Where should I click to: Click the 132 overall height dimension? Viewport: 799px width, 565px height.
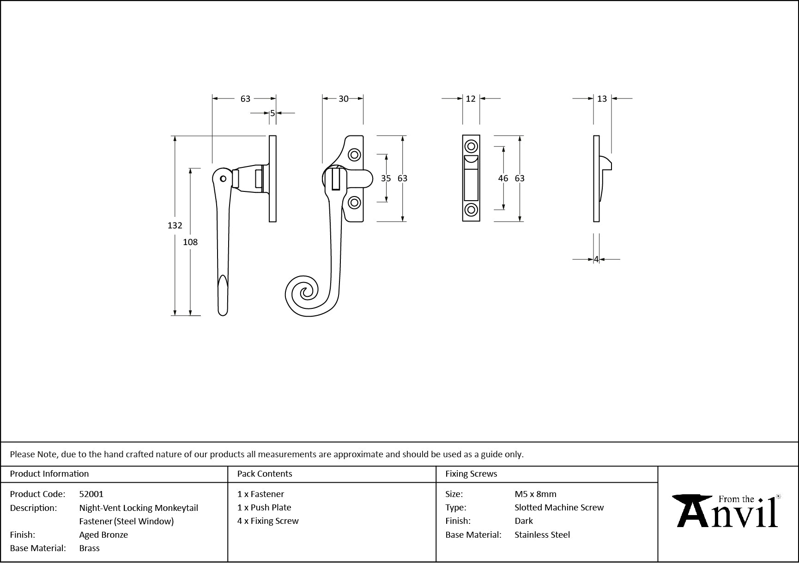tap(175, 226)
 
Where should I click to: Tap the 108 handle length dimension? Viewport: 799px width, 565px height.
tap(190, 242)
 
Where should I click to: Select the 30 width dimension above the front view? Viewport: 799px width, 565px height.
tap(343, 98)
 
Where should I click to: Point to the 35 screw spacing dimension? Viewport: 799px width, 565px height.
tap(386, 178)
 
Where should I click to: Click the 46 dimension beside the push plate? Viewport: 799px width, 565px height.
tap(503, 178)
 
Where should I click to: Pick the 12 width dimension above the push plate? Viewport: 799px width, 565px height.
tap(470, 98)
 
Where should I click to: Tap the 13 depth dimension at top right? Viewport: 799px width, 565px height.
tap(602, 98)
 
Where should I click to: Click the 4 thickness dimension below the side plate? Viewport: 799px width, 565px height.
tap(596, 259)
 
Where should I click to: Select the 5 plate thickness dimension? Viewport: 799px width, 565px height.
tap(272, 113)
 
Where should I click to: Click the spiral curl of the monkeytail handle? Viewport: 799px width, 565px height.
tap(305, 292)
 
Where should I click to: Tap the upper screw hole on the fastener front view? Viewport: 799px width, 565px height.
tap(354, 154)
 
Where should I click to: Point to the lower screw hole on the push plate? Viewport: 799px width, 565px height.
tap(471, 209)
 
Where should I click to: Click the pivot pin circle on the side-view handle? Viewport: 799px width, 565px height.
tap(223, 178)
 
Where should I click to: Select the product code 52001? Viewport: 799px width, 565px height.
tap(91, 494)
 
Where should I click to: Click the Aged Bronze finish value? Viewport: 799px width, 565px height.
tap(103, 535)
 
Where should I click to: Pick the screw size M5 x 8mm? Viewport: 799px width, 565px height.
tap(535, 494)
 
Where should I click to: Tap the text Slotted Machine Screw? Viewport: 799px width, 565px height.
tap(559, 508)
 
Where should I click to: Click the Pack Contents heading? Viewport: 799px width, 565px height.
tap(265, 474)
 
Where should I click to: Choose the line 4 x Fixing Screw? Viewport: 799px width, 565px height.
tap(268, 521)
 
